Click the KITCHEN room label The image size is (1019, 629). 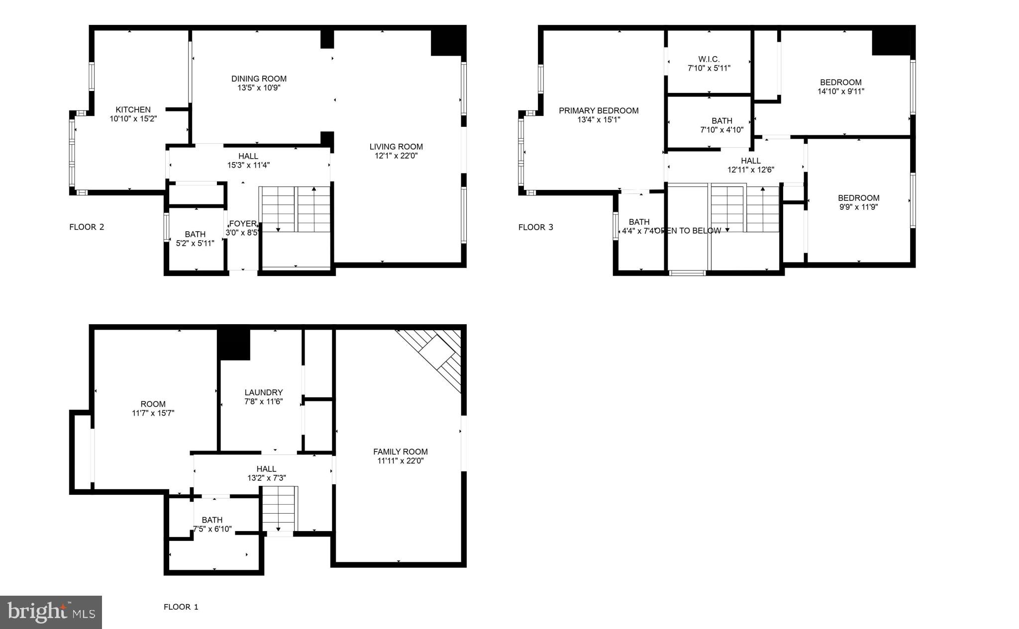click(x=133, y=109)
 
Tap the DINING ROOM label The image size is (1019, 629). click(x=259, y=79)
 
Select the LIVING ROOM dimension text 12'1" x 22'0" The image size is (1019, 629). click(x=396, y=156)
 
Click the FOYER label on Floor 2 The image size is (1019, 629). click(x=242, y=224)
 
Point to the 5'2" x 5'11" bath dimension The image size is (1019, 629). click(x=195, y=243)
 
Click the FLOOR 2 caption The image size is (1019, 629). click(x=87, y=227)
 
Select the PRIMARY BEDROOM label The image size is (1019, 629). click(x=599, y=110)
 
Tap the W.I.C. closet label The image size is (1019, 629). click(x=709, y=59)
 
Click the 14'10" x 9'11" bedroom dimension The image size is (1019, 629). click(x=840, y=91)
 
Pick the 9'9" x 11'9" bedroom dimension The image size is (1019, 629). click(x=858, y=207)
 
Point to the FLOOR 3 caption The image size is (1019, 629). click(x=535, y=227)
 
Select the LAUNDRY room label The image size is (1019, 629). click(x=263, y=392)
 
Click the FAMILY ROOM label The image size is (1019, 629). click(x=400, y=451)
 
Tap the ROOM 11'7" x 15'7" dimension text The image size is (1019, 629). click(x=153, y=413)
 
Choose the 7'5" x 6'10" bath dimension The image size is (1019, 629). click(x=212, y=529)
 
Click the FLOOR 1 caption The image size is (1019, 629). click(x=181, y=607)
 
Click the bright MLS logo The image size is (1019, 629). click(x=51, y=612)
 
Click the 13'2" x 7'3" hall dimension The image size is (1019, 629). click(x=266, y=478)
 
